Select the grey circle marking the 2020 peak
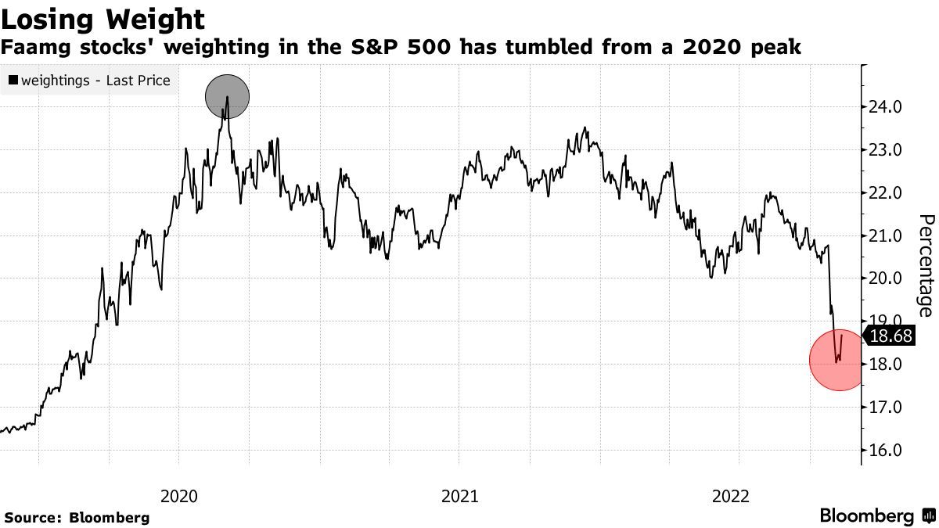point(227,97)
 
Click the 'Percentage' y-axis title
point(925,265)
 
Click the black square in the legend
point(13,80)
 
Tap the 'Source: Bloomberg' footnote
point(77,517)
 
